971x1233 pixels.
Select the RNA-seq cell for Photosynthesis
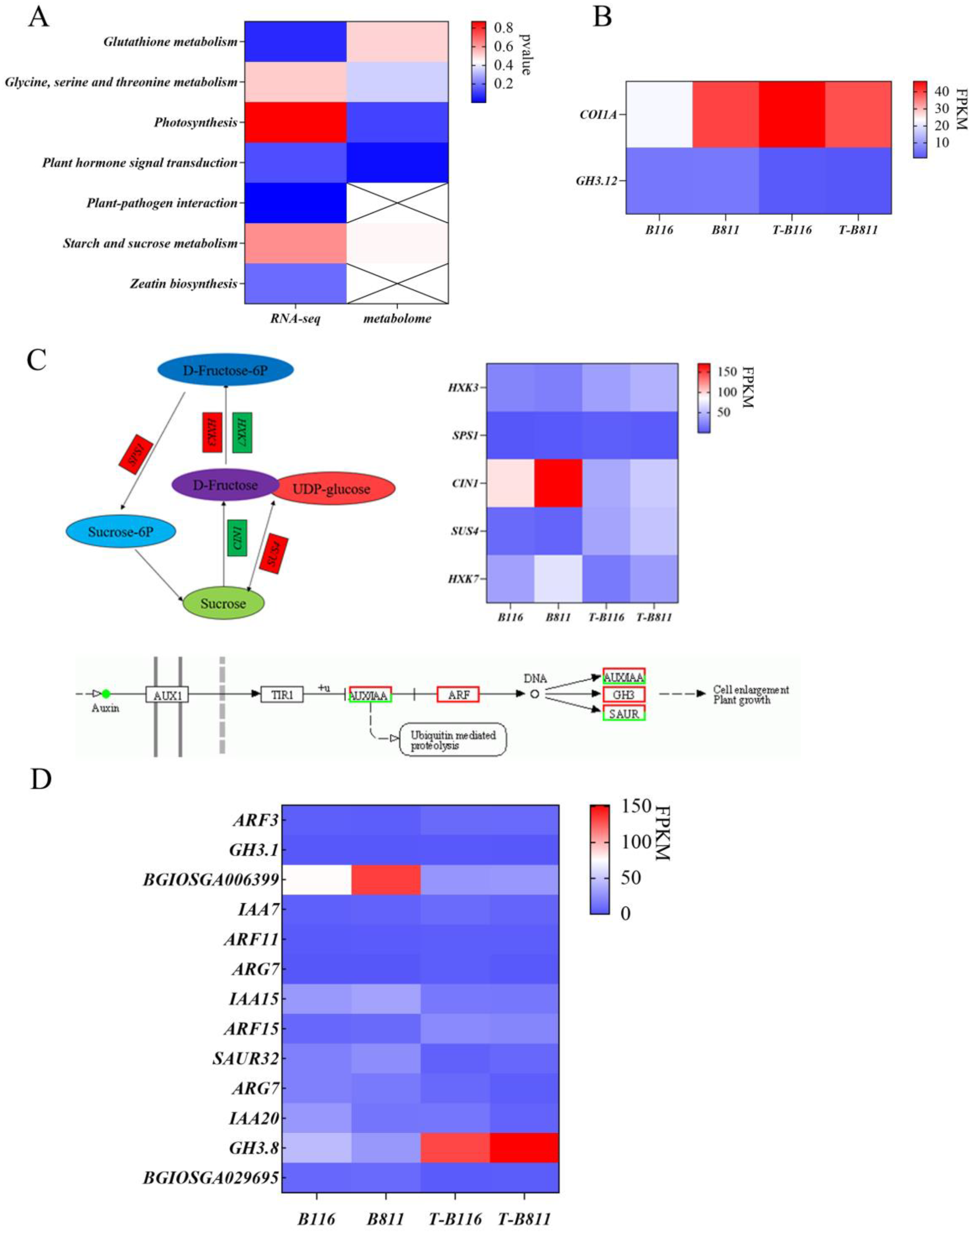[x=296, y=122]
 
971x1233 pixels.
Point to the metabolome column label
[x=397, y=319]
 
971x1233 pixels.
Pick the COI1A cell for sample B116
[x=660, y=114]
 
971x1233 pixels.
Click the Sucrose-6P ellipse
[x=121, y=532]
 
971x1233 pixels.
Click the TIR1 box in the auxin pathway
[x=282, y=694]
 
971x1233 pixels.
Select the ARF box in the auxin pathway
[x=458, y=694]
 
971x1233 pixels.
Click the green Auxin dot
[x=106, y=694]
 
